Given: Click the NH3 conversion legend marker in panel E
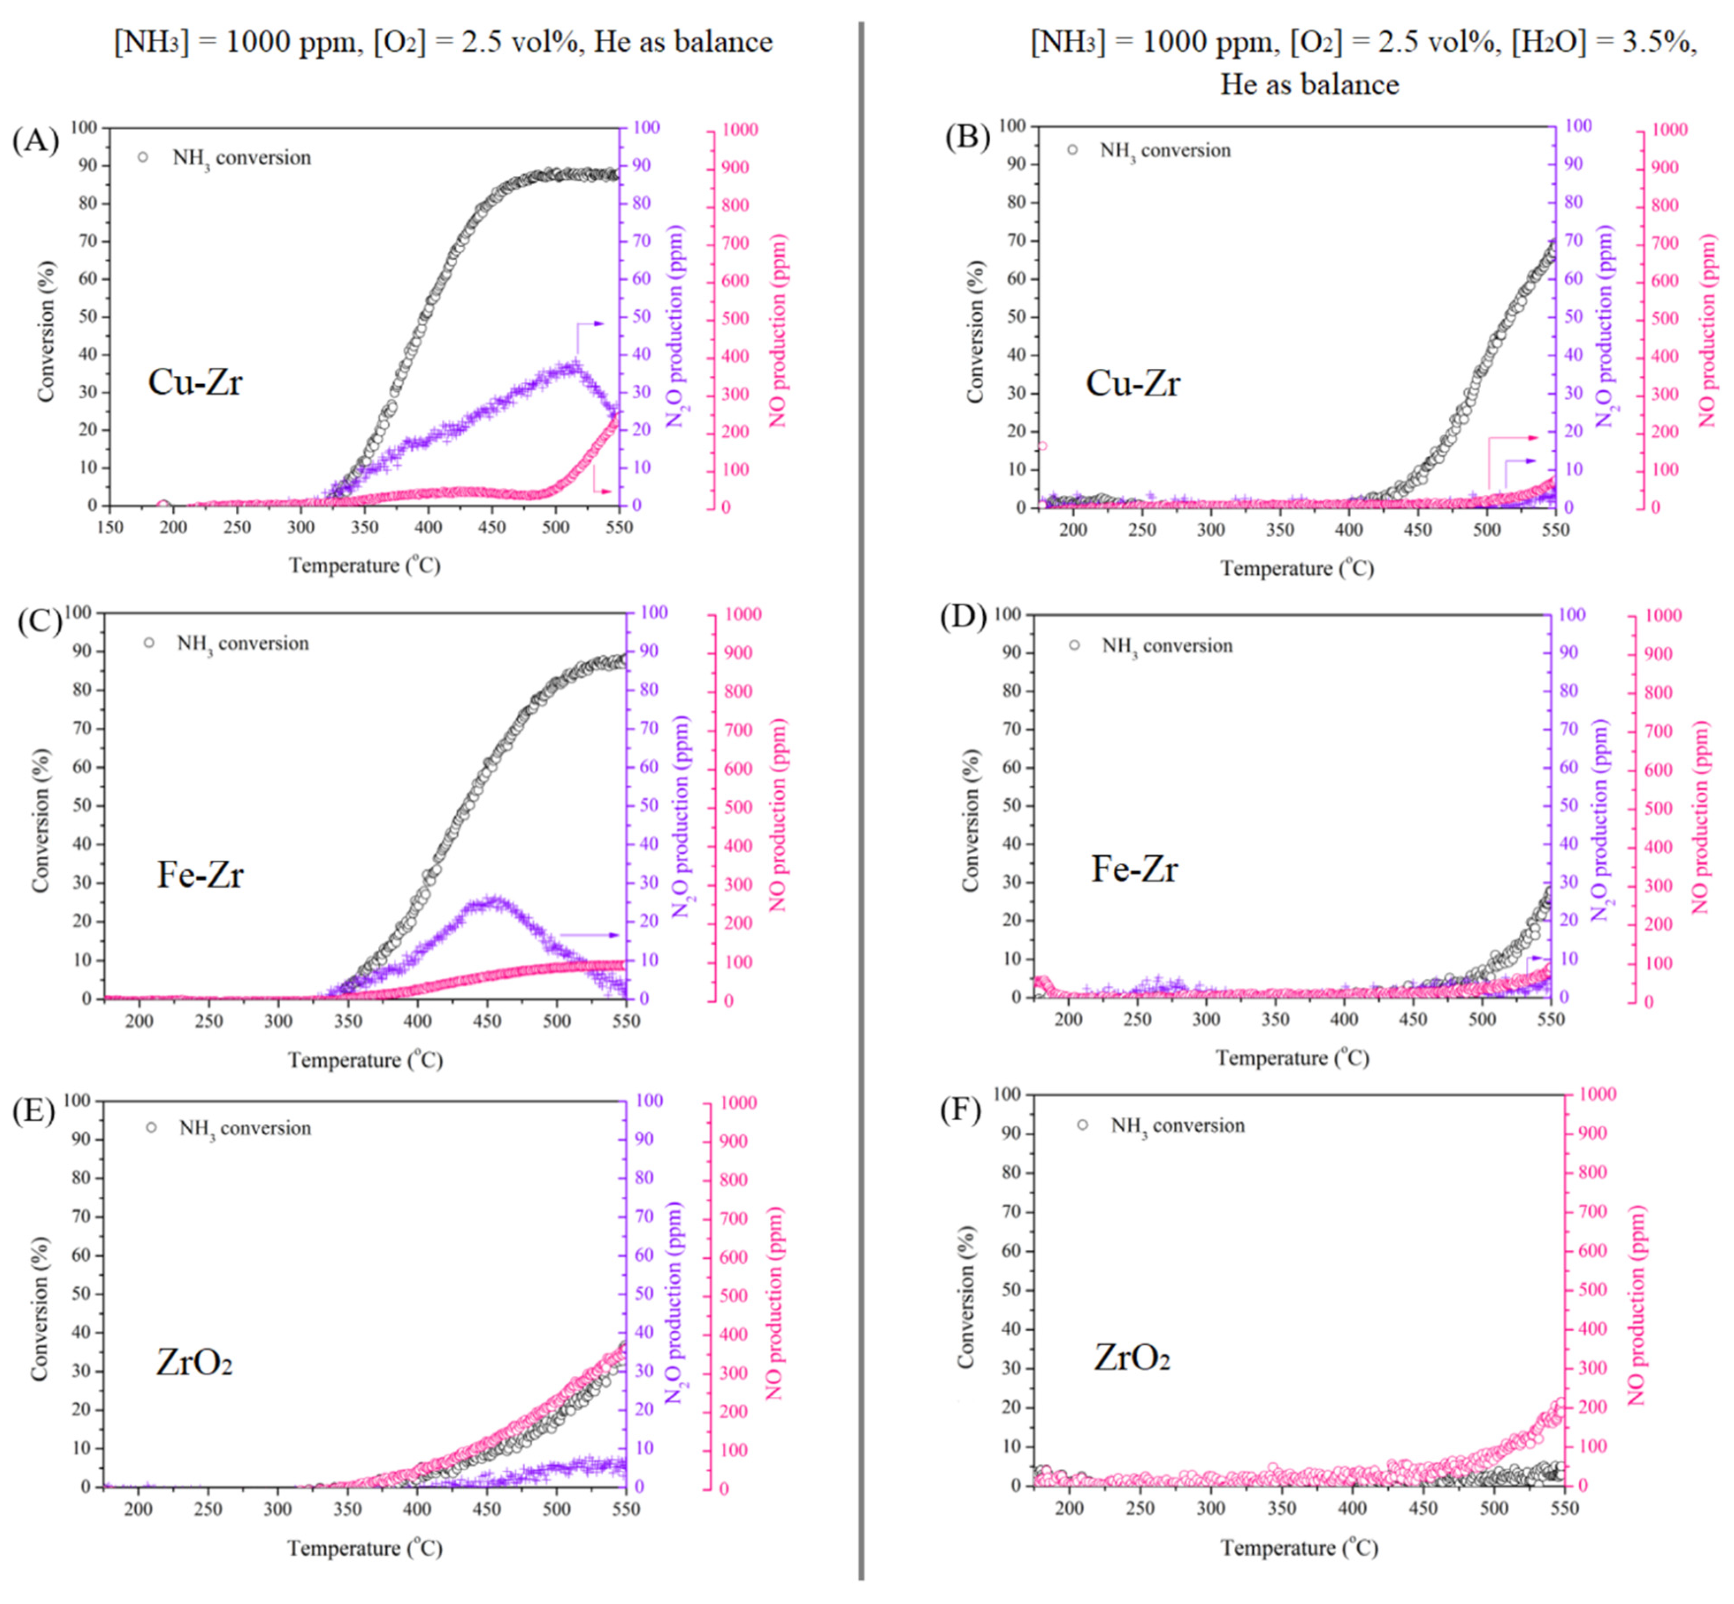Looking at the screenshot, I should pos(151,1127).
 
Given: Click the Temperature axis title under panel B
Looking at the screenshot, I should pos(1297,569).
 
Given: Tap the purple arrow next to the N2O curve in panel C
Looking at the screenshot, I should pos(590,935).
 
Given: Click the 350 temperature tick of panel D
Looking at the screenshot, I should pos(1275,1020).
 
